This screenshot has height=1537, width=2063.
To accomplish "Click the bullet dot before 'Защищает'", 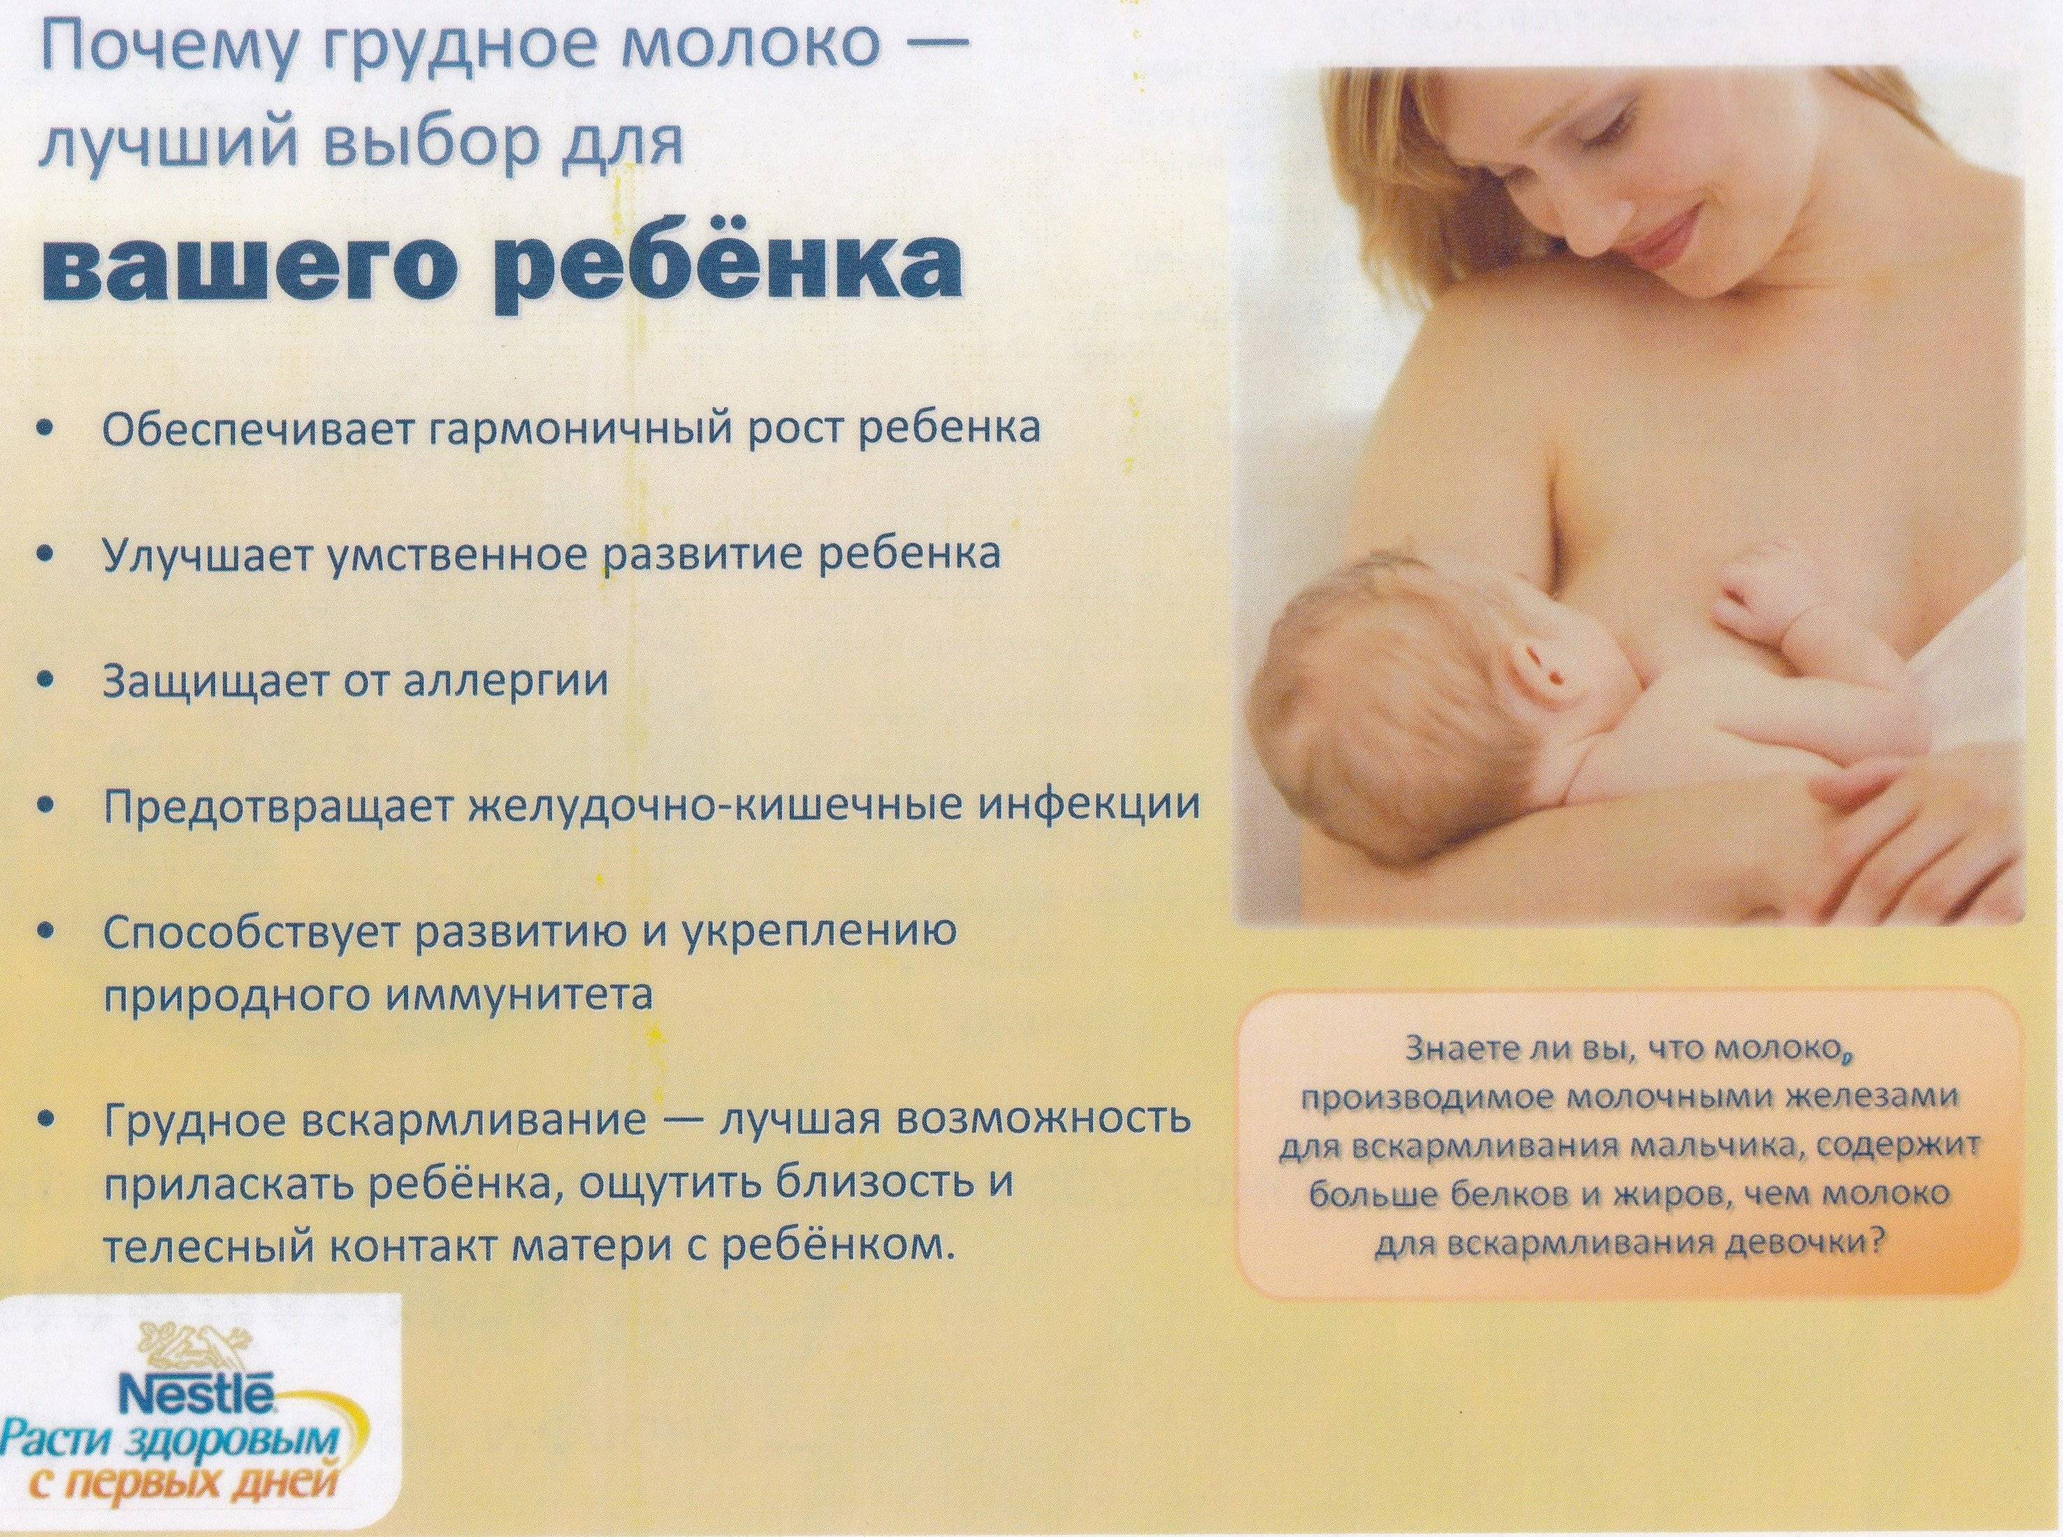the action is click(x=48, y=682).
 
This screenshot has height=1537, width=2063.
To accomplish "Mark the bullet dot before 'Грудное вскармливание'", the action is click(x=48, y=1116).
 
